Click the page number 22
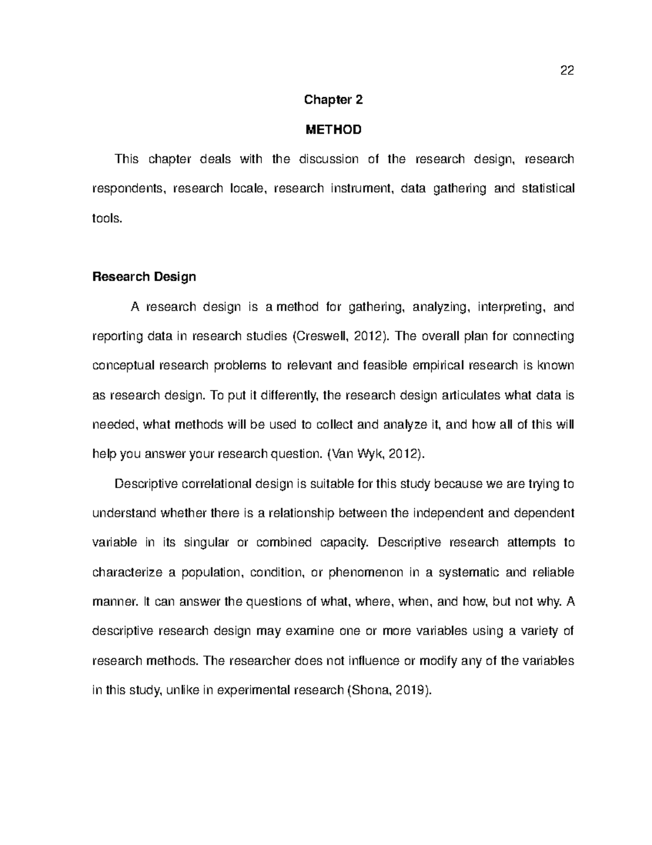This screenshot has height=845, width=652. [567, 71]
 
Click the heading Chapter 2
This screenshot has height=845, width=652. [333, 100]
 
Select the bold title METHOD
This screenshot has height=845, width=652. [333, 130]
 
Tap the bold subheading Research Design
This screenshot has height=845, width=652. [144, 277]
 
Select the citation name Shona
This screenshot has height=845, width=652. [369, 691]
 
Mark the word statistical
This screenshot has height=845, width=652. [547, 188]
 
